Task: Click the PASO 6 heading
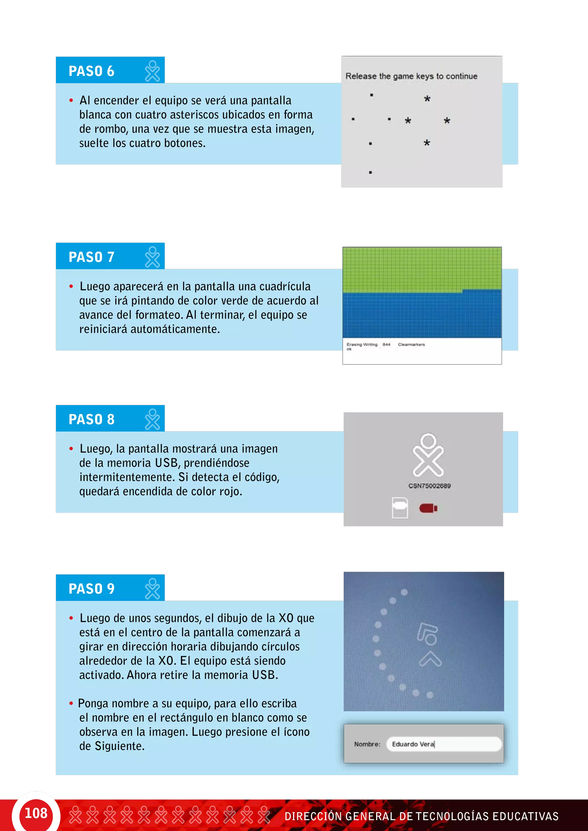(x=92, y=71)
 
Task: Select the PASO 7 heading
(x=92, y=257)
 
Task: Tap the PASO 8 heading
(x=92, y=420)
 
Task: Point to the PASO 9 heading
(x=92, y=589)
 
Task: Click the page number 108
(x=36, y=813)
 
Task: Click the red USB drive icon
(x=428, y=508)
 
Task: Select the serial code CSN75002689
(x=430, y=486)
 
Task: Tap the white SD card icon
(x=400, y=508)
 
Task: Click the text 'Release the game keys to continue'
(x=411, y=76)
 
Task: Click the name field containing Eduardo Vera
(x=444, y=744)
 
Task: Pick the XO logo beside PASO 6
(x=152, y=71)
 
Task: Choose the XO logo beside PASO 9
(x=152, y=589)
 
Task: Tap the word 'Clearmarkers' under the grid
(x=411, y=345)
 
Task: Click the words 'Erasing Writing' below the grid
(x=362, y=345)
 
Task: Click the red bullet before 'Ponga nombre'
(x=71, y=704)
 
